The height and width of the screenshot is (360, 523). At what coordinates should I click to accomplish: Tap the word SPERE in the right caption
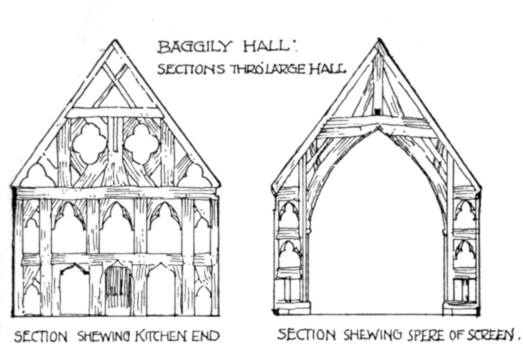tap(411, 335)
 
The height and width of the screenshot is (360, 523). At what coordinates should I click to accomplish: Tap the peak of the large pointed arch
tap(378, 131)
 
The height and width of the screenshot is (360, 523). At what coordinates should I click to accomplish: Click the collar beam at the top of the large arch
tap(378, 123)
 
